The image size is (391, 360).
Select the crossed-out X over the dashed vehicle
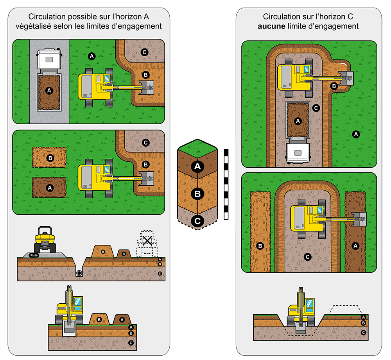coord(147,240)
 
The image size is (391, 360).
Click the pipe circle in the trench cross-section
coord(79,273)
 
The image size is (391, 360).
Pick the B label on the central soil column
coord(197,193)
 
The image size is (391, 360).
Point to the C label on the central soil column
coord(197,221)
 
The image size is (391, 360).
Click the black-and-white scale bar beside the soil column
coord(226,184)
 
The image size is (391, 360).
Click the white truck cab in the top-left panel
coord(49,59)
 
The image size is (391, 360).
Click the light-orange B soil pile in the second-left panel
coord(50,158)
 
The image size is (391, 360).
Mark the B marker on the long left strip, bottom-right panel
coord(260,246)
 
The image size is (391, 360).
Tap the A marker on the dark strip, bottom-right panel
coord(355,246)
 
